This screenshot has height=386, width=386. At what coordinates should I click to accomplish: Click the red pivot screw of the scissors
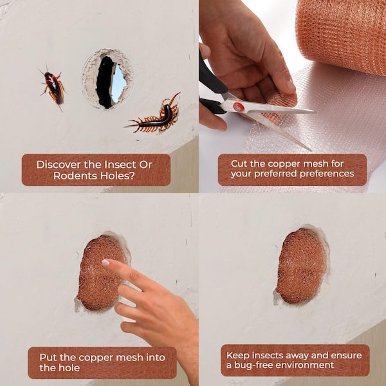pyautogui.click(x=238, y=107)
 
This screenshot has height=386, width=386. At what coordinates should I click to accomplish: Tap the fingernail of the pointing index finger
pyautogui.click(x=106, y=262)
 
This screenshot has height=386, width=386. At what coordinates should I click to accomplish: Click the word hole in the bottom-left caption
pyautogui.click(x=70, y=367)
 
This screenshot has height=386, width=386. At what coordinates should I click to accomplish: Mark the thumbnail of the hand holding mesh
pyautogui.click(x=291, y=86)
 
